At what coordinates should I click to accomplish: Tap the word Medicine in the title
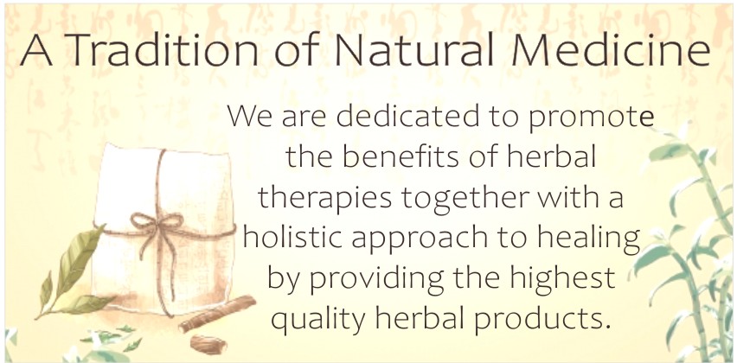pos(611,49)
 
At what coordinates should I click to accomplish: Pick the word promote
pos(592,118)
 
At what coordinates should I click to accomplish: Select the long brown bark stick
pos(217,314)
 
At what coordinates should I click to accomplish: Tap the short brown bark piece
pos(208,344)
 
